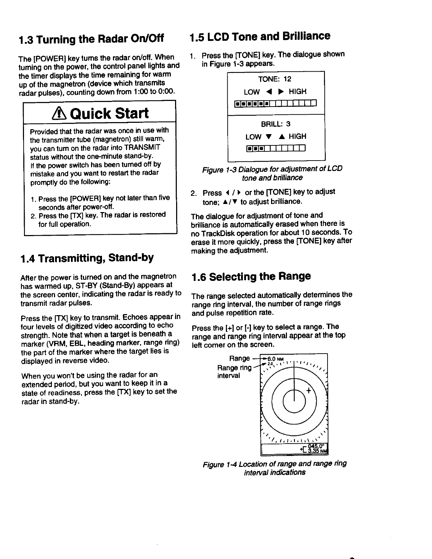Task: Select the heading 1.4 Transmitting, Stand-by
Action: pyautogui.click(x=87, y=258)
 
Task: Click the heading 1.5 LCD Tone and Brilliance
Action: pyautogui.click(x=260, y=36)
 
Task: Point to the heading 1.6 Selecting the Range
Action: pyautogui.click(x=251, y=276)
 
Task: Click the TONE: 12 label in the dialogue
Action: pyautogui.click(x=275, y=79)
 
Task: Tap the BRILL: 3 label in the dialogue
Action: pyautogui.click(x=276, y=124)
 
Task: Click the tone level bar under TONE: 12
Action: pyautogui.click(x=275, y=103)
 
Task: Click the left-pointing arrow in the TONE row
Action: pyautogui.click(x=269, y=92)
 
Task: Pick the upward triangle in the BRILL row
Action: pyautogui.click(x=283, y=137)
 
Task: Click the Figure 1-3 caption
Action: pyautogui.click(x=272, y=173)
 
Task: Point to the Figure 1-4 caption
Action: pyautogui.click(x=275, y=468)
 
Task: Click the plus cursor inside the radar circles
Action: pyautogui.click(x=309, y=390)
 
